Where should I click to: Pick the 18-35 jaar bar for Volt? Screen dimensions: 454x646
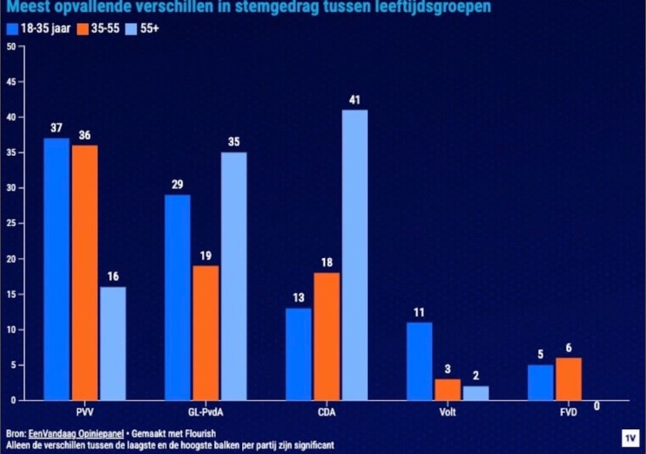[419, 361]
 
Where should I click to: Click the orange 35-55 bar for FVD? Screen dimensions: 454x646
[568, 379]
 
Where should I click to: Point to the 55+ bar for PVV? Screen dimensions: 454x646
[112, 343]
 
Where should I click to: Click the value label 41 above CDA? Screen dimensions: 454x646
[354, 100]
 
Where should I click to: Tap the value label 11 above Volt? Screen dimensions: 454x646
[419, 313]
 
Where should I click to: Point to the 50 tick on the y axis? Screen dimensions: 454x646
[11, 46]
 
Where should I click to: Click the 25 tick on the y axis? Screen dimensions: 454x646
[11, 224]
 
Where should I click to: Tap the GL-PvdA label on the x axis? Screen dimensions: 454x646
[205, 413]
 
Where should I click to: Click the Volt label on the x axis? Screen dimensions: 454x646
[447, 413]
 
